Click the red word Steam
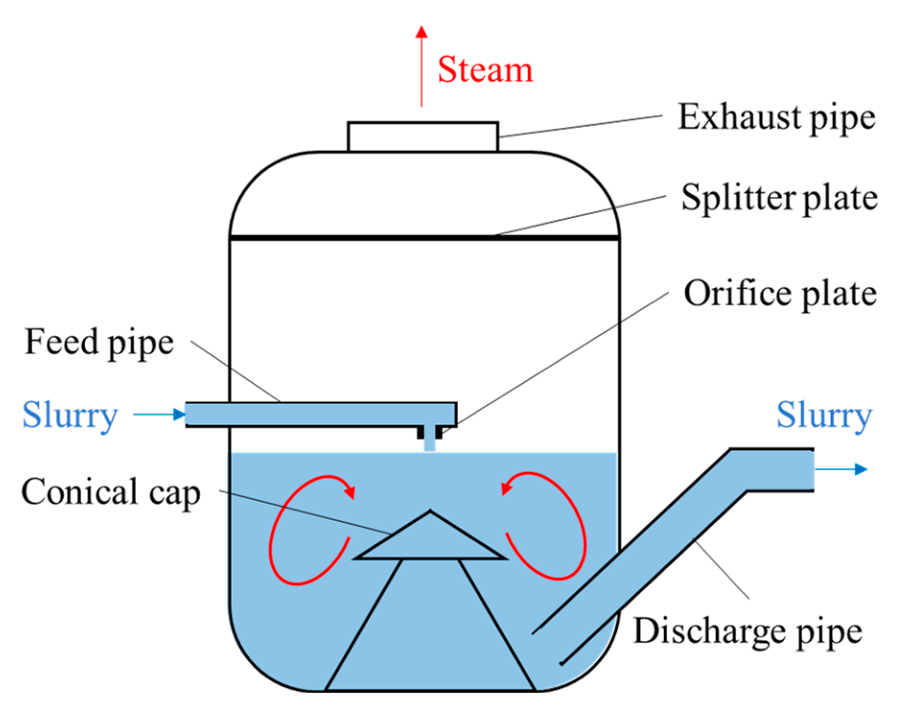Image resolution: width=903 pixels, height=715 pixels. click(485, 70)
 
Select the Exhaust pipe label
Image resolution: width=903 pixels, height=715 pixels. click(776, 117)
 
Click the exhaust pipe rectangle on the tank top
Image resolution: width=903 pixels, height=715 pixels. click(423, 137)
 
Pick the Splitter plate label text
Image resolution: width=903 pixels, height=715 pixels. click(779, 198)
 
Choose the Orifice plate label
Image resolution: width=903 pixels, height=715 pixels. click(780, 293)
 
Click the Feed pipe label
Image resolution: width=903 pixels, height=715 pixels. click(99, 342)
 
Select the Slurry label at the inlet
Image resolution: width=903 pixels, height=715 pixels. click(70, 415)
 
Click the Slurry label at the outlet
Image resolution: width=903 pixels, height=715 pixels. click(824, 415)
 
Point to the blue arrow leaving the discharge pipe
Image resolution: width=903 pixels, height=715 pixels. click(842, 469)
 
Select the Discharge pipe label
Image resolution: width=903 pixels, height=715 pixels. click(748, 632)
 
